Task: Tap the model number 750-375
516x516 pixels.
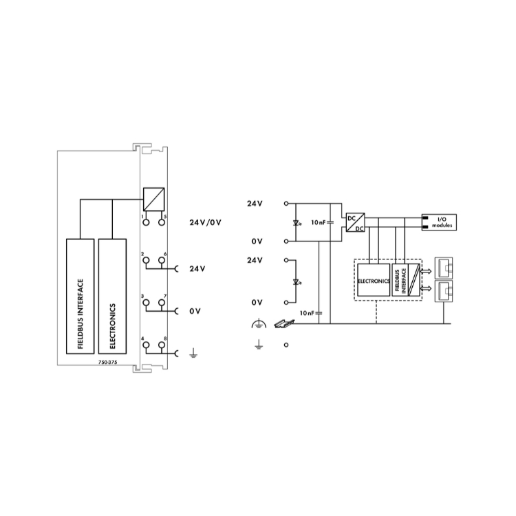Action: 107,362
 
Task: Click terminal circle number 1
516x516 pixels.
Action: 146,222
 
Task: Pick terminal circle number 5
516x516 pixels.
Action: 162,222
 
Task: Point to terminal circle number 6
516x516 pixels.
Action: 162,260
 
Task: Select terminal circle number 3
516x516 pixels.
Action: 146,303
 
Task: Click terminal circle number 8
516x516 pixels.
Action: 162,345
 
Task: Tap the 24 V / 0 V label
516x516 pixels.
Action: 205,222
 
